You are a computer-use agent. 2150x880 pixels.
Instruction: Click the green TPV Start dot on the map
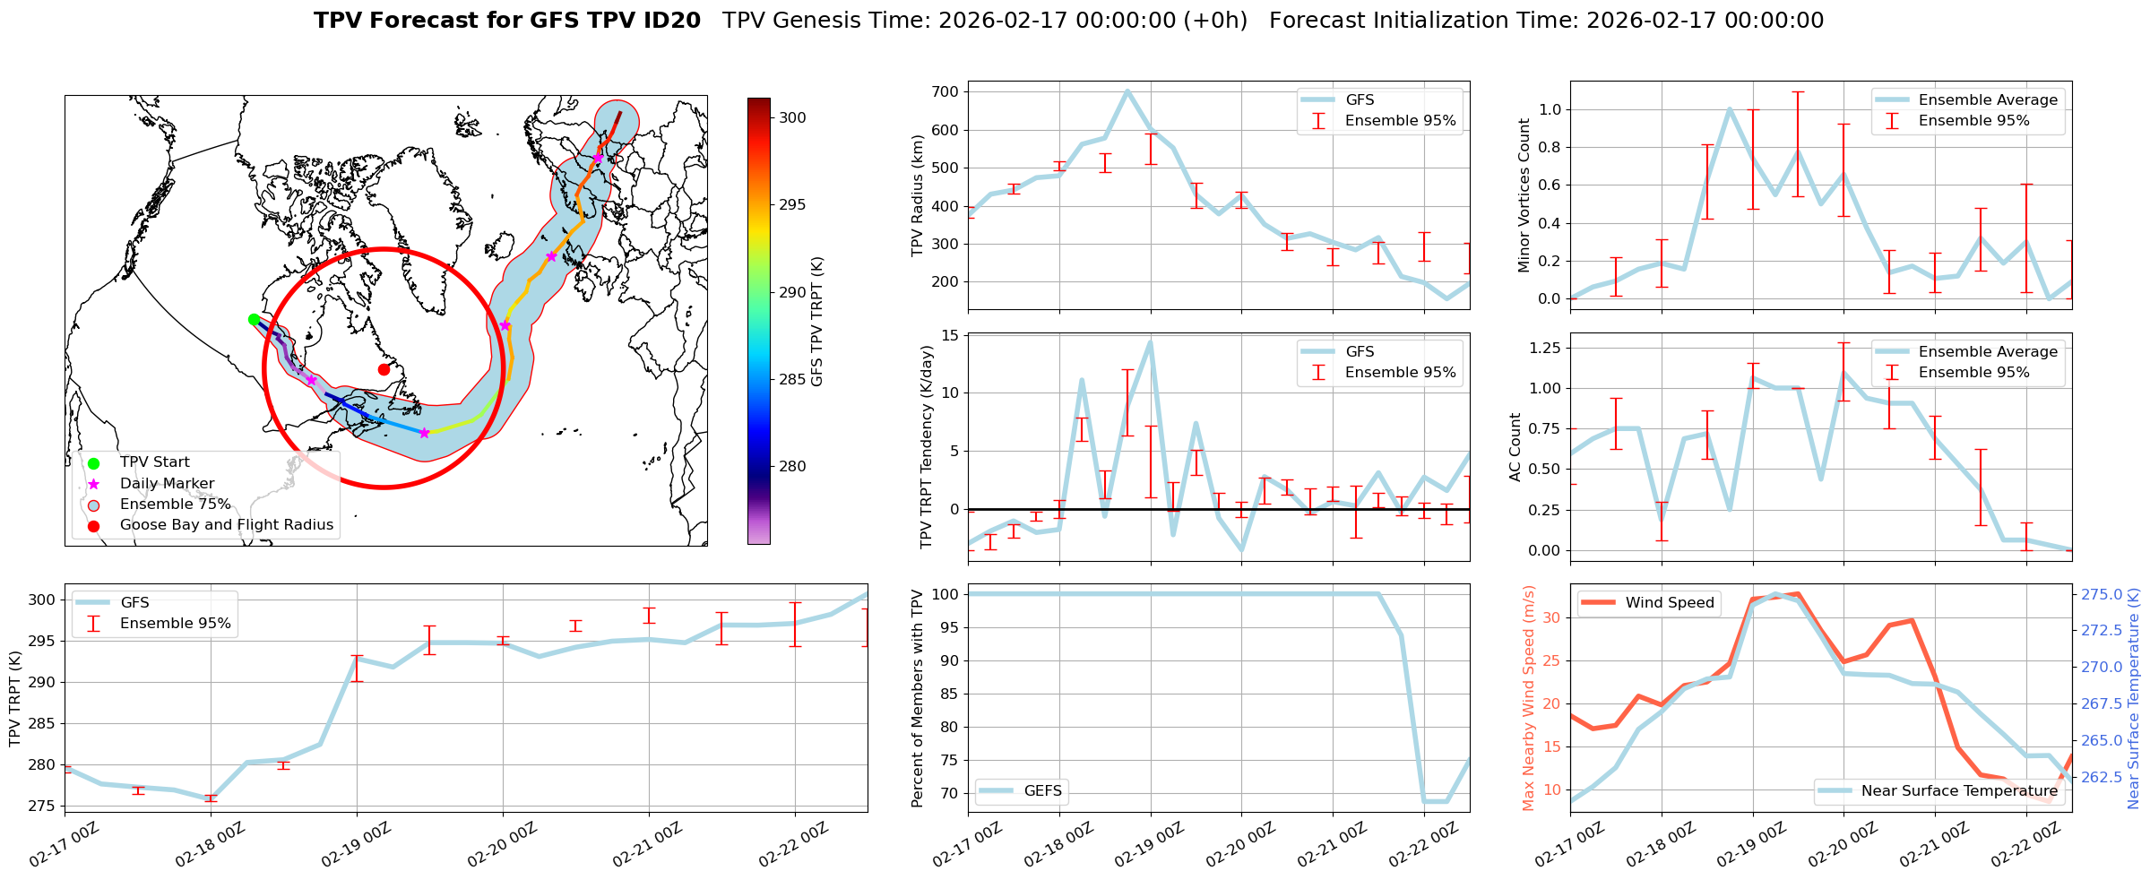pyautogui.click(x=254, y=319)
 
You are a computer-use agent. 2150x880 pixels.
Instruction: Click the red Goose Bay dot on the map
pyautogui.click(x=384, y=369)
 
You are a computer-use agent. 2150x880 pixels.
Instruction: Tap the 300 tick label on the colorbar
pyautogui.click(x=792, y=117)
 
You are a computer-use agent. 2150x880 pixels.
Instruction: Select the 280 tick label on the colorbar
pyautogui.click(x=792, y=466)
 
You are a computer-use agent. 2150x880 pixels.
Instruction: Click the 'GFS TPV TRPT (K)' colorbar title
pyautogui.click(x=817, y=322)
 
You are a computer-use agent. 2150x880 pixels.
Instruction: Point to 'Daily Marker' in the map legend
pyautogui.click(x=167, y=483)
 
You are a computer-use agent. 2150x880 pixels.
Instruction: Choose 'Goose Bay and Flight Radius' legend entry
pyautogui.click(x=226, y=524)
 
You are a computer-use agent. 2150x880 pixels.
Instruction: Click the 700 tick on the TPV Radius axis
pyautogui.click(x=945, y=91)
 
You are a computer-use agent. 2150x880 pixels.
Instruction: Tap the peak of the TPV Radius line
pyautogui.click(x=1127, y=91)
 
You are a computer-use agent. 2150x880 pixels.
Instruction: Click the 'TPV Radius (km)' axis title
pyautogui.click(x=918, y=195)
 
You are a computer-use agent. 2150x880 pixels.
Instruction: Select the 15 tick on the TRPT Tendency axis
pyautogui.click(x=949, y=335)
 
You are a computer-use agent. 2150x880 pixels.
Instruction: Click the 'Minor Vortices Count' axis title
pyautogui.click(x=1524, y=195)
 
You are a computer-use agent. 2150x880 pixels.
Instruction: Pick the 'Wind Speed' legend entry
pyautogui.click(x=1669, y=602)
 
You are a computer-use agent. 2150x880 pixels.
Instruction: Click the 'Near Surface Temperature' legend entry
pyautogui.click(x=1959, y=790)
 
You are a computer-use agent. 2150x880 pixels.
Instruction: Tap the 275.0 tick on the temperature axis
pyautogui.click(x=2102, y=594)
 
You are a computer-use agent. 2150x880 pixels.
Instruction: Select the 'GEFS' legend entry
pyautogui.click(x=1042, y=790)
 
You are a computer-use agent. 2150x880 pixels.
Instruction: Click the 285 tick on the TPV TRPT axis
pyautogui.click(x=42, y=723)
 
